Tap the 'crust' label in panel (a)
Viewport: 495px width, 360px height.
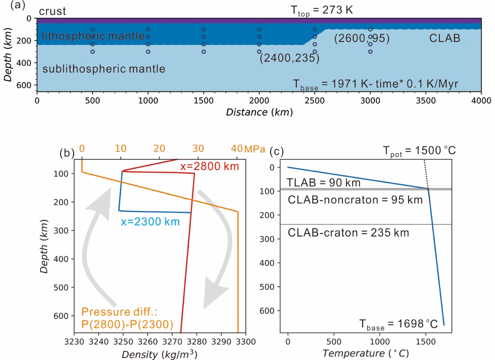[x=52, y=11]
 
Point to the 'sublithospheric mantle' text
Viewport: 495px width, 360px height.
[x=104, y=69]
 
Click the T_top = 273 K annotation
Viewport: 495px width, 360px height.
[x=322, y=11]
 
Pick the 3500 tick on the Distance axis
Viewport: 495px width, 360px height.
[x=426, y=101]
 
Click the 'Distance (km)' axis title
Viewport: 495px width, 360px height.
[x=259, y=112]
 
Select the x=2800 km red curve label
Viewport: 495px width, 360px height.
[x=210, y=167]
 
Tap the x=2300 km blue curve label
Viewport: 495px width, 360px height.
[x=150, y=222]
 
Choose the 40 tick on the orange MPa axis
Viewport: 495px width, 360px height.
[x=237, y=148]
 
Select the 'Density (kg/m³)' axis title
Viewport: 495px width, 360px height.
[x=160, y=354]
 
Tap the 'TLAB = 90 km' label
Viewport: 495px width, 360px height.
[x=324, y=183]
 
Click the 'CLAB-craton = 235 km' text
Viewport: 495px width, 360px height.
[x=348, y=233]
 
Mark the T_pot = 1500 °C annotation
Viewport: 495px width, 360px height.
[x=419, y=151]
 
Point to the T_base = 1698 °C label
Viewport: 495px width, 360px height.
[x=399, y=324]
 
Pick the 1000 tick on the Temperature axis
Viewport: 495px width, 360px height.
[x=380, y=342]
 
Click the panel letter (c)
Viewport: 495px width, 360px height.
[x=277, y=151]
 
